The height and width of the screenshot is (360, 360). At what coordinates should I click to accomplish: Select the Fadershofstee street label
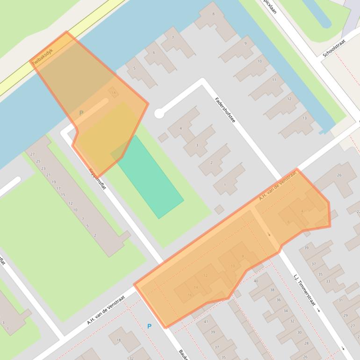pyautogui.click(x=225, y=110)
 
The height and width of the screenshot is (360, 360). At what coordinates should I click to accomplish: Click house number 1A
pyautogui.click(x=113, y=93)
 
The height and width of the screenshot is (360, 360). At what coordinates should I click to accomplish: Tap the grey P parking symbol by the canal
pyautogui.click(x=81, y=113)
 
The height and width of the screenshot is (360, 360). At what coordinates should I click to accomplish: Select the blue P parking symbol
pyautogui.click(x=150, y=326)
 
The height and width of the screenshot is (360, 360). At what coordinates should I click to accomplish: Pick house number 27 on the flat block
pyautogui.click(x=32, y=154)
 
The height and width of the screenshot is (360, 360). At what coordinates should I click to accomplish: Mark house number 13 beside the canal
pyautogui.click(x=305, y=118)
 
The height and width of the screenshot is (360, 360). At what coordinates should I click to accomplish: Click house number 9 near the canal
pyautogui.click(x=245, y=43)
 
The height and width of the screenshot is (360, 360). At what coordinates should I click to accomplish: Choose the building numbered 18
pyautogui.click(x=119, y=340)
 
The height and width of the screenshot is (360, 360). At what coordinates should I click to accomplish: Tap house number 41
pyautogui.click(x=206, y=322)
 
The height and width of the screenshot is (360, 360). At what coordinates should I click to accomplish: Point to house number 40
pyautogui.click(x=256, y=281)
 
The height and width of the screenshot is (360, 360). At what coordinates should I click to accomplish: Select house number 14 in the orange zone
pyautogui.click(x=196, y=287)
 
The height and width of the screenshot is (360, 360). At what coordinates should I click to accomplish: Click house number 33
pyautogui.click(x=328, y=281)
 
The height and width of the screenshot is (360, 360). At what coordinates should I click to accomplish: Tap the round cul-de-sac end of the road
pyautogui.click(x=159, y=113)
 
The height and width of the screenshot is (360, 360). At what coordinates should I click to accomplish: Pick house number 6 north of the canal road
pyautogui.click(x=154, y=52)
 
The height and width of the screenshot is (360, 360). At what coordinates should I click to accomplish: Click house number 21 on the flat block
pyautogui.click(x=49, y=175)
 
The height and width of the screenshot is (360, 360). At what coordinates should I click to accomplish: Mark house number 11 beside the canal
pyautogui.click(x=274, y=80)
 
